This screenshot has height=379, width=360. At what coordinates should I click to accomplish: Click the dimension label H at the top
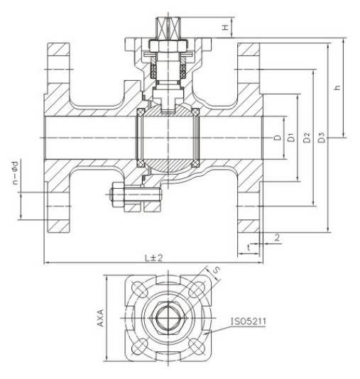(225, 28)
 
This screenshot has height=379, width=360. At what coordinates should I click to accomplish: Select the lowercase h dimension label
(337, 87)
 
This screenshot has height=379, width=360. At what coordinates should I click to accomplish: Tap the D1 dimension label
(292, 137)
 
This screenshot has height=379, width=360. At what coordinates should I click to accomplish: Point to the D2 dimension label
(306, 137)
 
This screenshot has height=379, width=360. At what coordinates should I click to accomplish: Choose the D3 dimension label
(321, 137)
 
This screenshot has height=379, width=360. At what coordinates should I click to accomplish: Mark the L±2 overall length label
(154, 258)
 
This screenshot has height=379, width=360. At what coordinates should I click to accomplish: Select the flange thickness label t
(249, 247)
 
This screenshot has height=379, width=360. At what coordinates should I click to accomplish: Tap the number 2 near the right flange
(277, 237)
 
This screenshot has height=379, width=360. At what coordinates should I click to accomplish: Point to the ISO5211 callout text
(249, 322)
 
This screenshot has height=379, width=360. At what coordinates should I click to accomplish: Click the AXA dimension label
(100, 318)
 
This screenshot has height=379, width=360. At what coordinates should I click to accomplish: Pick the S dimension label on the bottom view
(216, 270)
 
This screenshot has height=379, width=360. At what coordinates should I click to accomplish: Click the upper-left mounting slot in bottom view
(139, 290)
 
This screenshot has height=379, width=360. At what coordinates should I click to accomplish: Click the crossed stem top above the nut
(168, 27)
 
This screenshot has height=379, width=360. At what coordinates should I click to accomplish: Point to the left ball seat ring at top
(141, 112)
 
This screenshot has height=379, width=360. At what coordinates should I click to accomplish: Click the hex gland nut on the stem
(168, 46)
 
